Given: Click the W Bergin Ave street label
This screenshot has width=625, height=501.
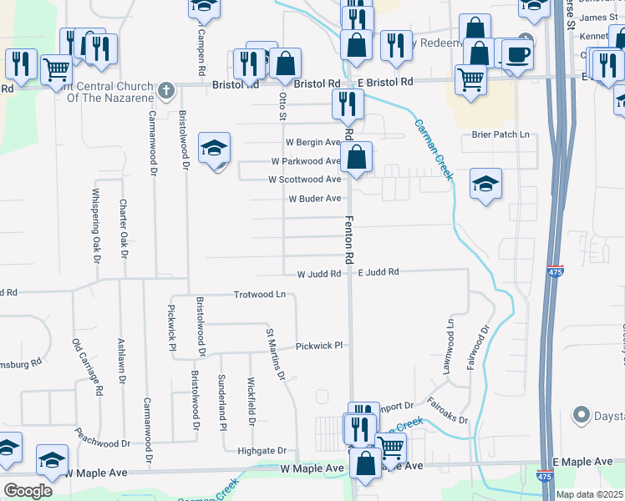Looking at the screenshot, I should tap(312, 142).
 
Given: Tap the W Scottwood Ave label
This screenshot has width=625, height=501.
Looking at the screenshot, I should tap(304, 180).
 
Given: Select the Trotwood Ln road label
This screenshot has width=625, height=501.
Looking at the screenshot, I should tap(260, 295).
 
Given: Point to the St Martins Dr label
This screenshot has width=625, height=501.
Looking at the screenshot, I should tap(276, 355).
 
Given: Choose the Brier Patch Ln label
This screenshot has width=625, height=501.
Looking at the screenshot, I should tap(501, 134).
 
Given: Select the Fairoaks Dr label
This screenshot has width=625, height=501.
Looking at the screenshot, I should tap(448, 411).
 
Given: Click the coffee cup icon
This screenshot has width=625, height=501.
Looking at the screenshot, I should tap(517, 55).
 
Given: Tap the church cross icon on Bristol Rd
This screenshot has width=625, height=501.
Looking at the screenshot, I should tap(166, 89).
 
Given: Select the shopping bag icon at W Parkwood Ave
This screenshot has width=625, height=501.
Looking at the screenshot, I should tap(356, 156).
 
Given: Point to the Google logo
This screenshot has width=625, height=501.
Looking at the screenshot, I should tap(28, 490).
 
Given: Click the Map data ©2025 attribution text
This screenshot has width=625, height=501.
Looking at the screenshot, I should tap(590, 494).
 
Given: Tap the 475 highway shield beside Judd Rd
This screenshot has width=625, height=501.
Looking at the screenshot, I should tap(557, 271).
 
